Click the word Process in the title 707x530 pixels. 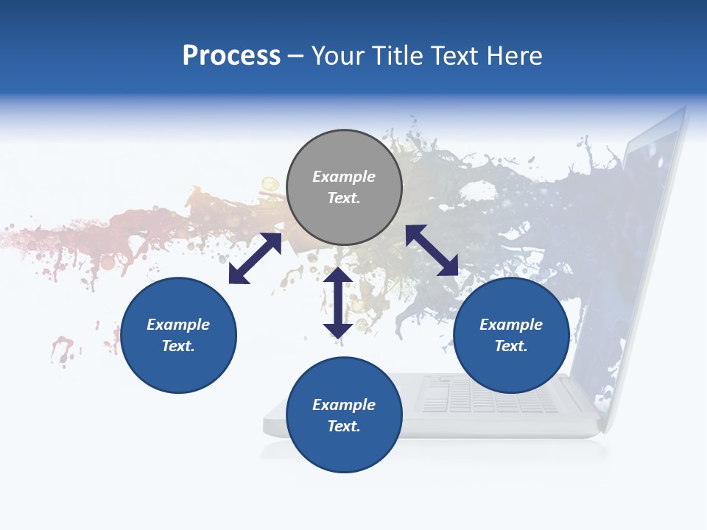(x=231, y=56)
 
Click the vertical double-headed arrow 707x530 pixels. (x=338, y=303)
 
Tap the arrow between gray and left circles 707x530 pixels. (x=255, y=258)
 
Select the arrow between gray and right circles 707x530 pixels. (x=432, y=250)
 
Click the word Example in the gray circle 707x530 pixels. (x=344, y=177)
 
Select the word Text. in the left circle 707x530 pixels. (x=178, y=346)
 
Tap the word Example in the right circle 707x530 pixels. (x=511, y=325)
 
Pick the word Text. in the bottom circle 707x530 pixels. (x=344, y=426)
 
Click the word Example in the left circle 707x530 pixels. (x=178, y=325)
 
